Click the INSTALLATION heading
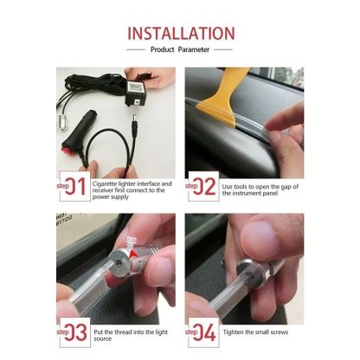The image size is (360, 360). tap(181, 34)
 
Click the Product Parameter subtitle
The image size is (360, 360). tap(181, 50)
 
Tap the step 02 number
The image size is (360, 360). tap(206, 187)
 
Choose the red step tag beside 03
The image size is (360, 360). tap(62, 331)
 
